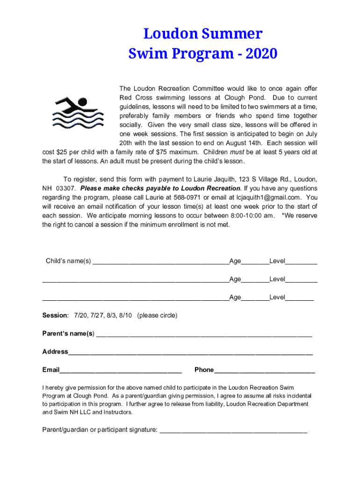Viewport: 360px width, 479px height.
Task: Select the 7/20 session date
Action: (81, 316)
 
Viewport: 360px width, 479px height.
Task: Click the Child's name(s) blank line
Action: (160, 261)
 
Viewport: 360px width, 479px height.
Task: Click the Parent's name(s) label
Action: (68, 334)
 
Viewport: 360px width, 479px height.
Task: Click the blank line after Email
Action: (121, 370)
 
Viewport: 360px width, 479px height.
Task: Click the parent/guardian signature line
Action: (233, 430)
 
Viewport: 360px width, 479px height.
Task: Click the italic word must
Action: (238, 152)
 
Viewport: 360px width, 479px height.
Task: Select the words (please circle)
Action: (157, 316)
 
